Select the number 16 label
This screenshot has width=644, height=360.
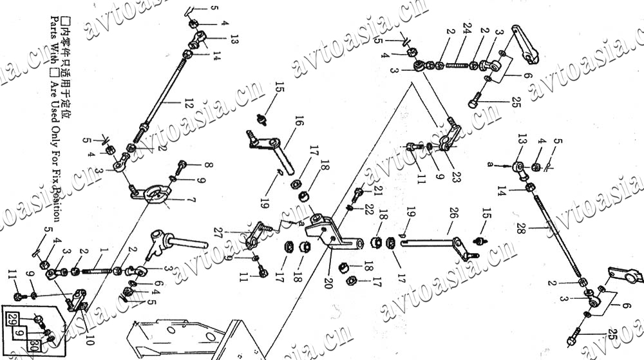point(299,120)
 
